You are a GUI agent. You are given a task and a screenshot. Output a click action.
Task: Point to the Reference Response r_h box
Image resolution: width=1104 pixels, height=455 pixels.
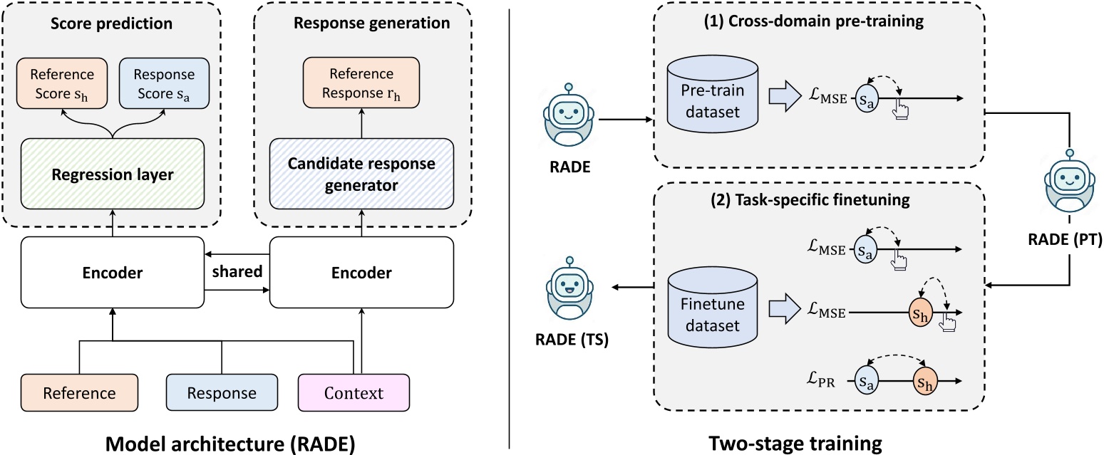point(361,83)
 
